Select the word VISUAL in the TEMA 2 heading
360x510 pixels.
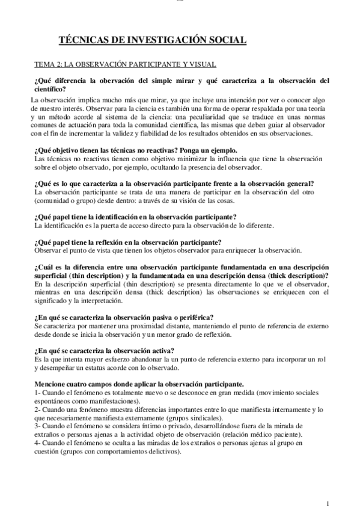click(204, 63)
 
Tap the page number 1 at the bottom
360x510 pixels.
click(327, 503)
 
